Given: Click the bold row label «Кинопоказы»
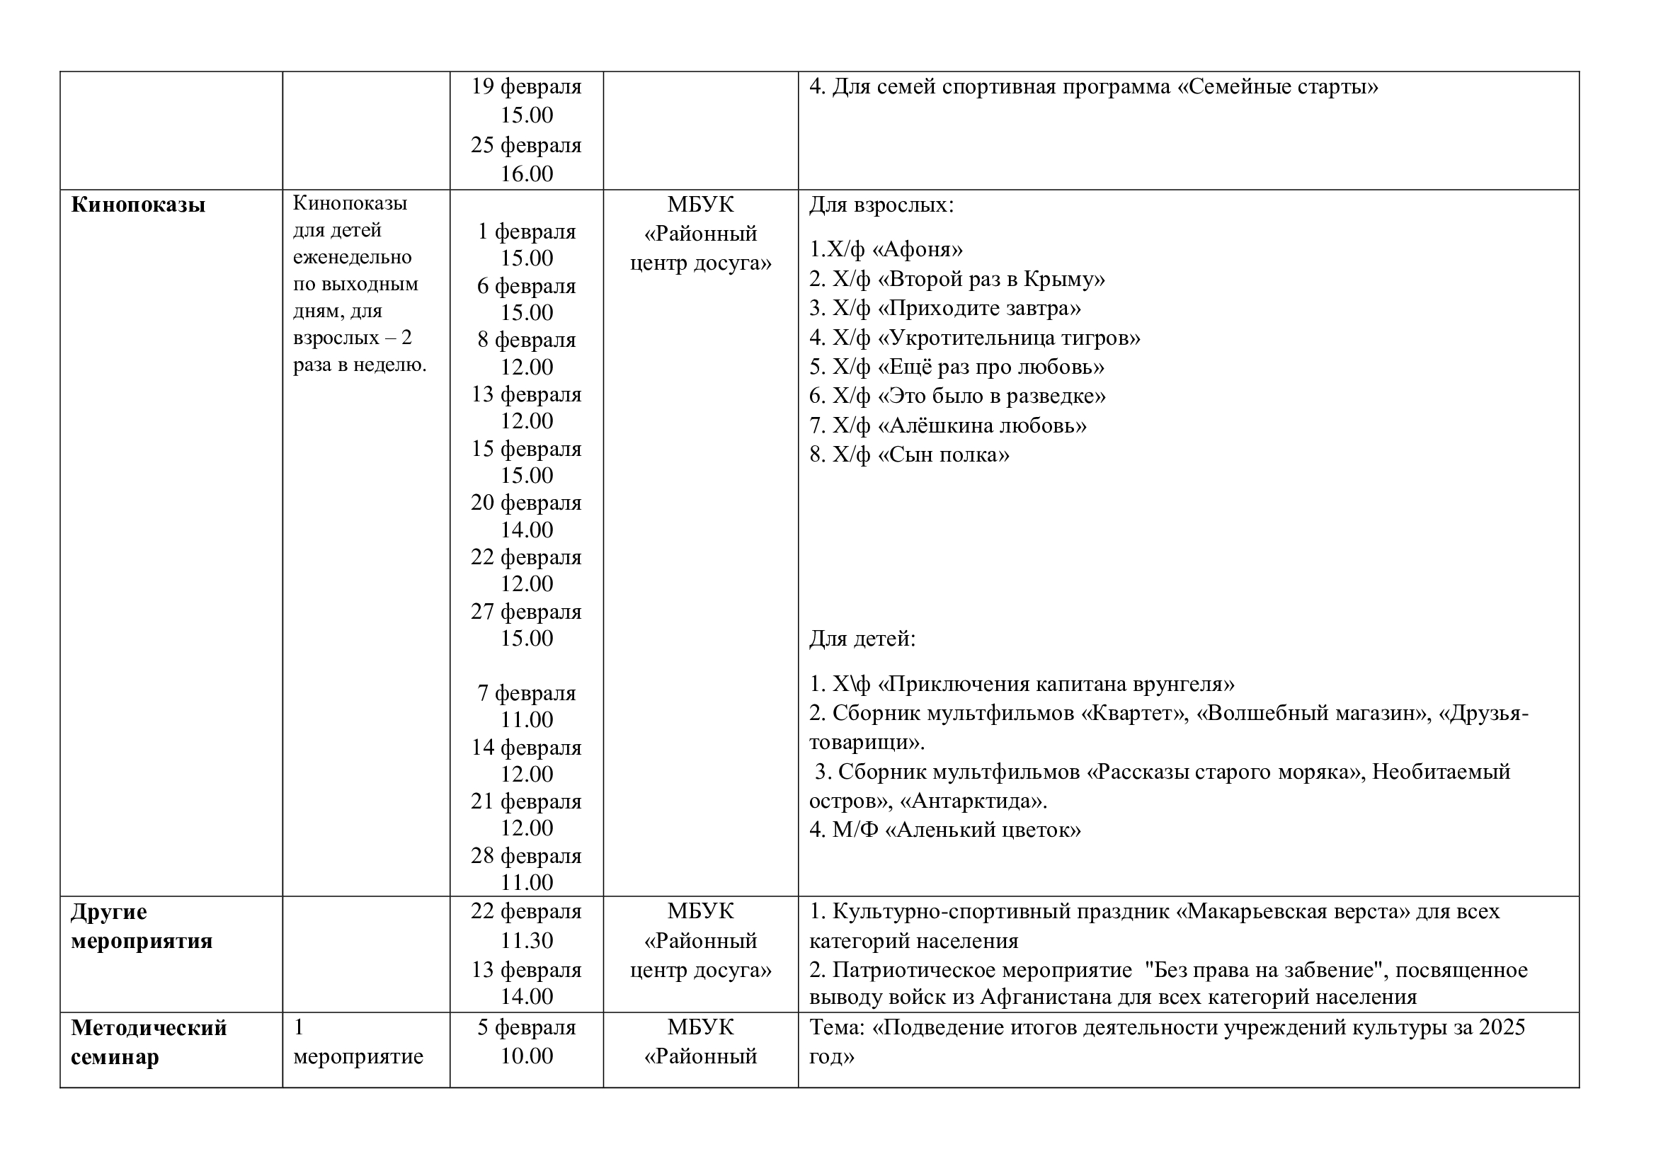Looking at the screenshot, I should pyautogui.click(x=138, y=205).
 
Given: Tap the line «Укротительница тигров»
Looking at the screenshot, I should pyautogui.click(x=1009, y=338).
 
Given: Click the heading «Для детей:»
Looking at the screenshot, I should pyautogui.click(x=862, y=639).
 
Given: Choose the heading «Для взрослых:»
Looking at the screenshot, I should pyautogui.click(x=881, y=205).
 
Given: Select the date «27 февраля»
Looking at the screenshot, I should pyautogui.click(x=526, y=612).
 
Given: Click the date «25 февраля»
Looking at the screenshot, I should pyautogui.click(x=526, y=145).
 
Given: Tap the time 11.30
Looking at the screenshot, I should pyautogui.click(x=527, y=940).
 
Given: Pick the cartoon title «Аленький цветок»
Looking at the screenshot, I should pyautogui.click(x=983, y=830).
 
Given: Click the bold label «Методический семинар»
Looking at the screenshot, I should pyautogui.click(x=149, y=1042).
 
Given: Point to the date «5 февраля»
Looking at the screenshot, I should pyautogui.click(x=527, y=1027).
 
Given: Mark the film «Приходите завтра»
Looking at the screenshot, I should pyautogui.click(x=978, y=308).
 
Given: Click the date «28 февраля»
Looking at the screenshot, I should pyautogui.click(x=526, y=856).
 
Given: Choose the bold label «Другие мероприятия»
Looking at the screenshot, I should pyautogui.click(x=142, y=927).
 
